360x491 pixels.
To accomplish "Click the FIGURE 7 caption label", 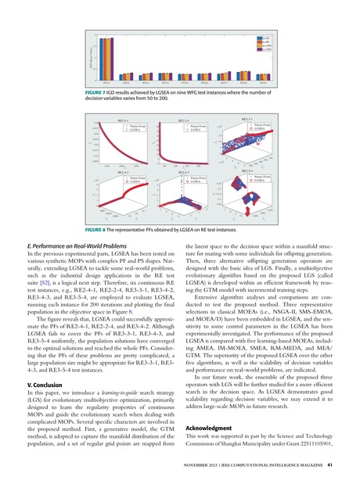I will (101, 91).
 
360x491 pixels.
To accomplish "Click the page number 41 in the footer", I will (329, 464).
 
